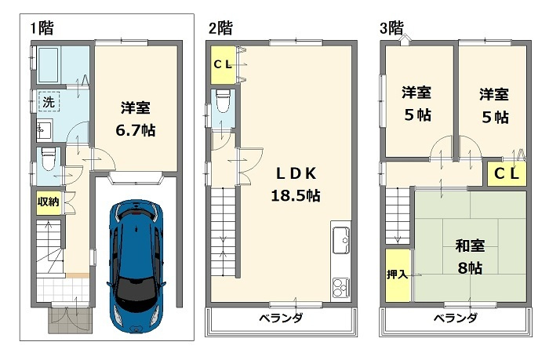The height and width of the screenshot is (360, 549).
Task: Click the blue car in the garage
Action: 137,262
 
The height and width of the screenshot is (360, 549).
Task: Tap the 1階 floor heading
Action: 42,29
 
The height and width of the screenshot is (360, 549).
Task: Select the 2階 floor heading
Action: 220,29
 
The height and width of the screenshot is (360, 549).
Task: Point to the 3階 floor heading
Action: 392,29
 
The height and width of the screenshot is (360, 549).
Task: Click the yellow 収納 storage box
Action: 47,202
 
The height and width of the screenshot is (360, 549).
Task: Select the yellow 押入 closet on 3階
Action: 398,275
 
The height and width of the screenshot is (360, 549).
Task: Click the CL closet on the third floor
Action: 507,174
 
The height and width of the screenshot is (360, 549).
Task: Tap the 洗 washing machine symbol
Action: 48,101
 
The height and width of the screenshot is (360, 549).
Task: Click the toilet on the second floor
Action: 222,103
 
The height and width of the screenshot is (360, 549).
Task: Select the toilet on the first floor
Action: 47,160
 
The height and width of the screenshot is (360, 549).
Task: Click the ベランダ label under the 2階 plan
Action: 280,318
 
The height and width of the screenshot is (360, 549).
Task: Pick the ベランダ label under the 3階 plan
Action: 455,318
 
